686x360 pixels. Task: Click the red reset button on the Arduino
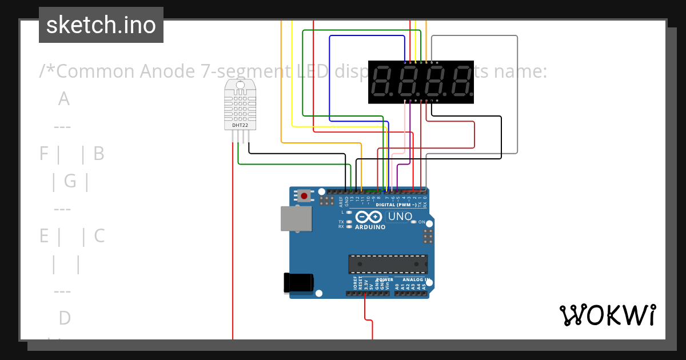[x=304, y=196]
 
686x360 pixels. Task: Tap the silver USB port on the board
[x=296, y=218]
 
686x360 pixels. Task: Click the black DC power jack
[x=299, y=282]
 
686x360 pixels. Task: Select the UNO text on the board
[x=400, y=217]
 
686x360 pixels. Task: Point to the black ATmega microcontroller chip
[x=388, y=264]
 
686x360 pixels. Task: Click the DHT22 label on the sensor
[x=240, y=125]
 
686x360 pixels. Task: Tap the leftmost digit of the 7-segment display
[x=381, y=82]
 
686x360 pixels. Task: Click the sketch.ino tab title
[x=101, y=25]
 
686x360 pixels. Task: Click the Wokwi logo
[x=607, y=315]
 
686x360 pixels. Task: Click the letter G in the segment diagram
[x=70, y=181]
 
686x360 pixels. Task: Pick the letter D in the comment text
[x=64, y=318]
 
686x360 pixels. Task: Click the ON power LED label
[x=421, y=222]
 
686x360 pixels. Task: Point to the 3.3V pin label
[x=366, y=286]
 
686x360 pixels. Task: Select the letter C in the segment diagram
[x=99, y=236]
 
